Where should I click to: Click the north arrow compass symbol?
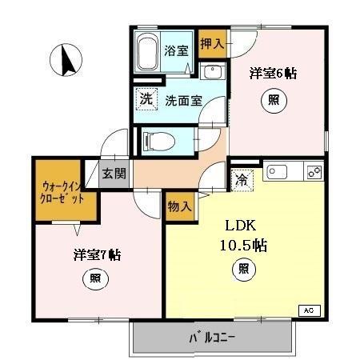(67, 59)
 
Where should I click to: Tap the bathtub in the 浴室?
(148, 54)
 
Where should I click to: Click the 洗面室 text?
(183, 101)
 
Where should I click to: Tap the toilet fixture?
(161, 142)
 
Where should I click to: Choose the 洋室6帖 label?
(274, 74)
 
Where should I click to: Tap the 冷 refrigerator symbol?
(241, 180)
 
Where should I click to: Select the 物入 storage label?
(180, 206)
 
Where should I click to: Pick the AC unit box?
(308, 309)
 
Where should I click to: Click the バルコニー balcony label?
(213, 338)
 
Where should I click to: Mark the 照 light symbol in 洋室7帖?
(94, 279)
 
